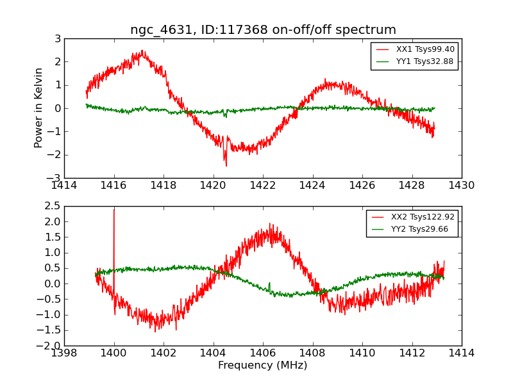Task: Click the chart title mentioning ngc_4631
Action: (x=263, y=30)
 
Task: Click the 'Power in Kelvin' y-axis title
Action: (x=39, y=108)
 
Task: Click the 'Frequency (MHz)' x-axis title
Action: (x=262, y=365)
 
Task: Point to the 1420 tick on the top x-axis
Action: (x=213, y=186)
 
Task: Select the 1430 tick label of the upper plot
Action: (x=461, y=186)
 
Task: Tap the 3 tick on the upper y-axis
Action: (x=58, y=39)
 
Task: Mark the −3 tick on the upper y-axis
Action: (x=55, y=178)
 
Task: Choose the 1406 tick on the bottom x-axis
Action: (x=263, y=353)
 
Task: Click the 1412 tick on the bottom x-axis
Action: (x=412, y=353)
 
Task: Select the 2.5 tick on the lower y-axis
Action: (x=53, y=206)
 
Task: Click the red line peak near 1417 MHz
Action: (x=142, y=52)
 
